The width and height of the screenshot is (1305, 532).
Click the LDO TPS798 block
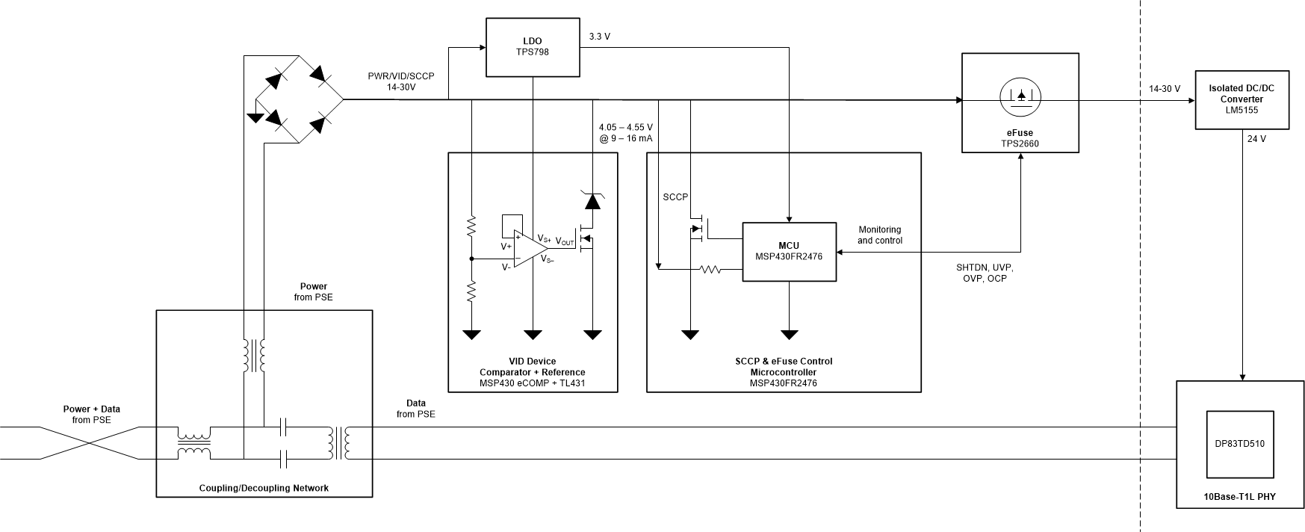coord(533,47)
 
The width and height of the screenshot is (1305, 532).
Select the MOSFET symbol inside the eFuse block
coord(1020,96)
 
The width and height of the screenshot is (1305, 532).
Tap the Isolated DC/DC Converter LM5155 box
coord(1242,99)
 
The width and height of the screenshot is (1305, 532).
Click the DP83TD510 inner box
coord(1239,444)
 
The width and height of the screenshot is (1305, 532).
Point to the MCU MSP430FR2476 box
coord(789,252)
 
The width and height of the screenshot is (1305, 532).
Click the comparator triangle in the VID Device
coord(532,249)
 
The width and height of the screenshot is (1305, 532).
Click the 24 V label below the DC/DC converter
coord(1256,139)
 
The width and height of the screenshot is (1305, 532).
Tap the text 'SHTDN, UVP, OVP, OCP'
coord(985,273)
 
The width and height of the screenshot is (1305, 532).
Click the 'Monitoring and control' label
coord(879,235)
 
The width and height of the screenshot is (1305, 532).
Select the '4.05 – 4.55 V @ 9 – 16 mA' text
coord(625,132)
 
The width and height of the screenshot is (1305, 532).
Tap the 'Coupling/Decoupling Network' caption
coord(264,488)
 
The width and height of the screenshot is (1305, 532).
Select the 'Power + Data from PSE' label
coord(91,414)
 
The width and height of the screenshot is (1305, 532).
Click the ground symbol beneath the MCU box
coord(789,333)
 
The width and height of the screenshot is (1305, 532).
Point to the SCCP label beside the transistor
coord(675,197)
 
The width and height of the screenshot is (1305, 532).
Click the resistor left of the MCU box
coord(710,269)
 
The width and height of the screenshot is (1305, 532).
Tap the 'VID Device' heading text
coord(532,361)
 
